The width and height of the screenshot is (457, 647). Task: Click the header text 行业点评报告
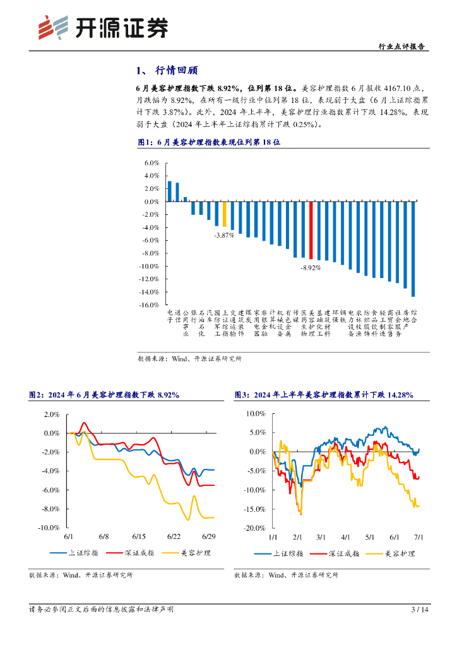coord(401,46)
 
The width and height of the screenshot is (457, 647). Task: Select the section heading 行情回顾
coord(173,71)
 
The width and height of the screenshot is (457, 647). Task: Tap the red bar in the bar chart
coord(311,230)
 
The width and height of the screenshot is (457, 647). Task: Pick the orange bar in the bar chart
coord(224,214)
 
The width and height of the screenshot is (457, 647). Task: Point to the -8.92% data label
coord(311,268)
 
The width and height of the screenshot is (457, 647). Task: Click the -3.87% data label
coord(223,234)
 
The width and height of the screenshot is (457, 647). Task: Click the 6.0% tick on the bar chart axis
coord(151,162)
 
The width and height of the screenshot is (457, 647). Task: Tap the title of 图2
coord(105,395)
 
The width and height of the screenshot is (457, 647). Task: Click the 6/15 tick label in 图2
coord(139,536)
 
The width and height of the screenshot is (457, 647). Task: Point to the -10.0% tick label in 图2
coord(48,528)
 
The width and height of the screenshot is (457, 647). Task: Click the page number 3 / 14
coord(420,610)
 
